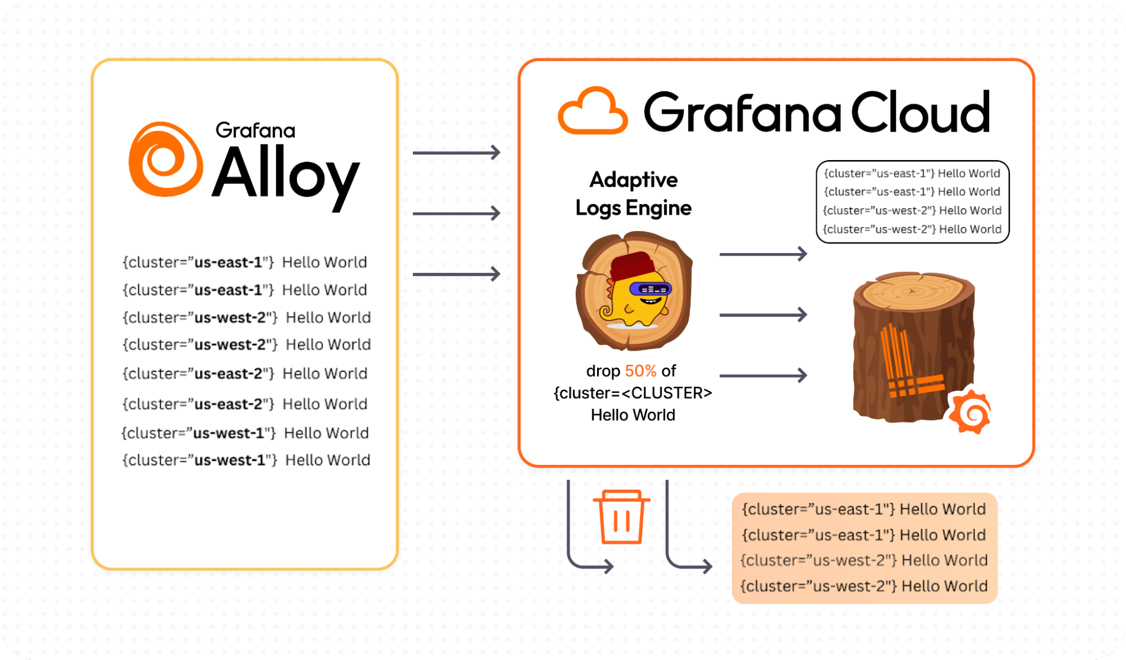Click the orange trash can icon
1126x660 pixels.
(621, 517)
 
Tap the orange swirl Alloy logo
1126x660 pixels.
(165, 160)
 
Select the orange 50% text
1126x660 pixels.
(640, 371)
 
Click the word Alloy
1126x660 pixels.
(286, 175)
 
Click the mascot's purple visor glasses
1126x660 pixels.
(650, 289)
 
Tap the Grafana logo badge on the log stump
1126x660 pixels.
(970, 411)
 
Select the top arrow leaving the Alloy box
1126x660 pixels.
(456, 152)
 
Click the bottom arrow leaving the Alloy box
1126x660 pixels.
(456, 274)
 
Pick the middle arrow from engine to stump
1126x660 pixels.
(763, 315)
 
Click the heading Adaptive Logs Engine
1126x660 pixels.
(633, 193)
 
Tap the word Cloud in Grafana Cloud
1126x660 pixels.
(920, 112)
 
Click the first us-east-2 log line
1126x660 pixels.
(245, 374)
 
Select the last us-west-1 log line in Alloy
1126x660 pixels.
(246, 460)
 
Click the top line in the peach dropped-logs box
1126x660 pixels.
(864, 509)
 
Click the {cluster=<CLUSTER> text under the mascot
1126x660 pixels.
(633, 393)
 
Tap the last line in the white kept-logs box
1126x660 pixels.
(912, 229)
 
